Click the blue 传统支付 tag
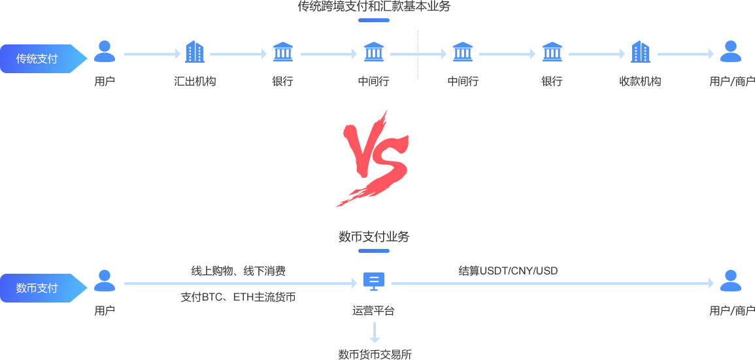[x=39, y=59]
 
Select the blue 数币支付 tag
[x=39, y=288]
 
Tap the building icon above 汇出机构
[x=195, y=52]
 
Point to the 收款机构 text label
[x=640, y=82]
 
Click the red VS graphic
[x=372, y=158]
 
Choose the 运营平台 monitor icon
[x=374, y=281]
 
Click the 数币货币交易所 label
[x=375, y=355]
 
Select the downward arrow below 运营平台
[x=375, y=332]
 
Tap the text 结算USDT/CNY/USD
[x=508, y=270]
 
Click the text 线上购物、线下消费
[x=238, y=270]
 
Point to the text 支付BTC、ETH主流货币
[x=238, y=297]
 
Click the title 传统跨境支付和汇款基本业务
[x=374, y=7]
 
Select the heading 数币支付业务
[x=374, y=237]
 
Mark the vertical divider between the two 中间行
[x=418, y=55]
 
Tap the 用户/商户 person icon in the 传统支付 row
[x=730, y=52]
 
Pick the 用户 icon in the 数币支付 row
[x=105, y=280]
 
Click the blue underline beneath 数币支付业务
[x=374, y=250]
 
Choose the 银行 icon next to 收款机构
[x=552, y=52]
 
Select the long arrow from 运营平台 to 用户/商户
[x=552, y=284]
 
